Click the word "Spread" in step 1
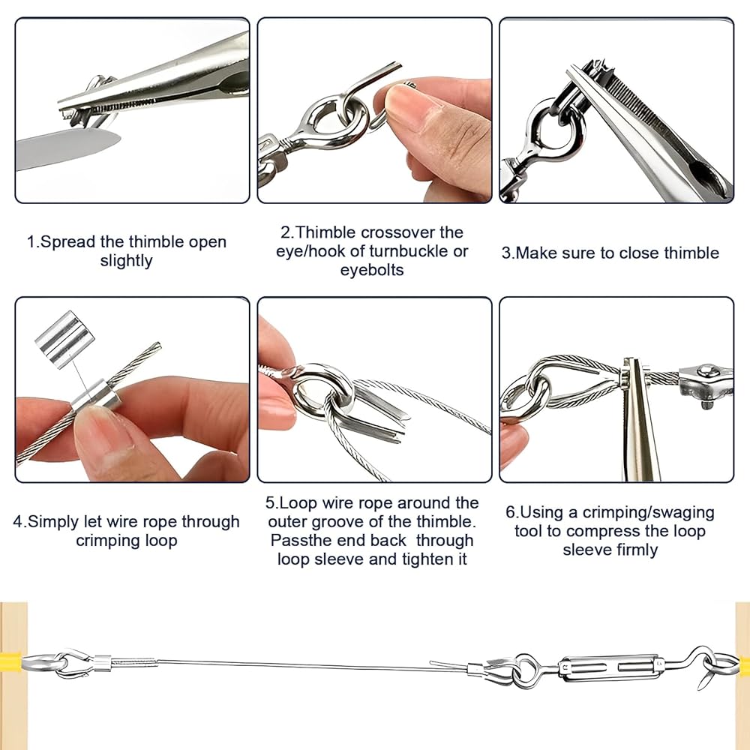pyautogui.click(x=68, y=242)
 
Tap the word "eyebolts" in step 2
pyautogui.click(x=372, y=270)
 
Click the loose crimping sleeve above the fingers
pyautogui.click(x=64, y=339)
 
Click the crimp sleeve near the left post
pyautogui.click(x=102, y=661)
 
